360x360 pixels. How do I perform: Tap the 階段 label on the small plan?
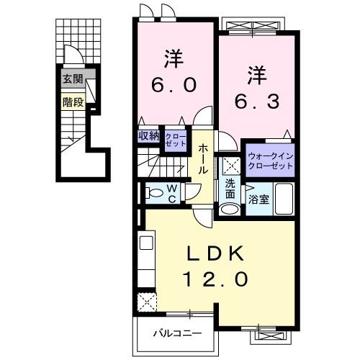72,102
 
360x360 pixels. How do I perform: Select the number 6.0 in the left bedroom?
174,84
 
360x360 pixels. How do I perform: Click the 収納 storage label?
149,135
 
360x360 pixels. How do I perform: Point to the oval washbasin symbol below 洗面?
230,210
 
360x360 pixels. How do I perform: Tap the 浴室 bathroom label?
260,199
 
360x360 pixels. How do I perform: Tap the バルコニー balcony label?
176,333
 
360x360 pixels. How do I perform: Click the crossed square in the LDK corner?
147,300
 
